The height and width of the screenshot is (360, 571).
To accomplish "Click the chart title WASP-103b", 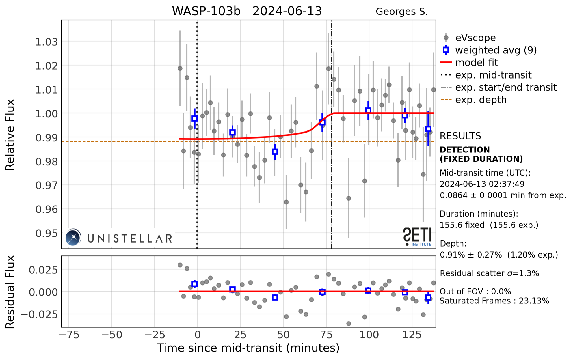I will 206,11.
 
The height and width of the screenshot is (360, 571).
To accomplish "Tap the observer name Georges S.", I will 401,12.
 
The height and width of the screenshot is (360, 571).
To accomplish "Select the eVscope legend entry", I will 475,38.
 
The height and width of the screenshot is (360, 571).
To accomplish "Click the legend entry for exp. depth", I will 481,100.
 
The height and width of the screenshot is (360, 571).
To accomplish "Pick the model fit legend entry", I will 476,63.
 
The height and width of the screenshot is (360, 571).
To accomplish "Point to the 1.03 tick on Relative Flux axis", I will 46,42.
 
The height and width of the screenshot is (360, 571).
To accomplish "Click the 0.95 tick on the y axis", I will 46,233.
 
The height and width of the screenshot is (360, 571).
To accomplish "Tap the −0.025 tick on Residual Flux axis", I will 39,314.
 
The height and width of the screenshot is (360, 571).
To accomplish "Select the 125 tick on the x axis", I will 412,335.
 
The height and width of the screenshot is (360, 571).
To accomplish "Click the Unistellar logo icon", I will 73,237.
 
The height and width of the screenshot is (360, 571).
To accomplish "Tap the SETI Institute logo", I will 417,237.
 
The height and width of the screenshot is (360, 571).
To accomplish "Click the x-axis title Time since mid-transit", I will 248,348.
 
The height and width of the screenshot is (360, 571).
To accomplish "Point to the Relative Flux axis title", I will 10,135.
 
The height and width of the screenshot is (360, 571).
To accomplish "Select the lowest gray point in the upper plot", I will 349,198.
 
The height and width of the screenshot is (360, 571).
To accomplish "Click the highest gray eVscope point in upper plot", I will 328,69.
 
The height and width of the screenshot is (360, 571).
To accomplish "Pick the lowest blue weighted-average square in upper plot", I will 275,152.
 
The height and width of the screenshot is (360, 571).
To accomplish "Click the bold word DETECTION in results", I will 464,150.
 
